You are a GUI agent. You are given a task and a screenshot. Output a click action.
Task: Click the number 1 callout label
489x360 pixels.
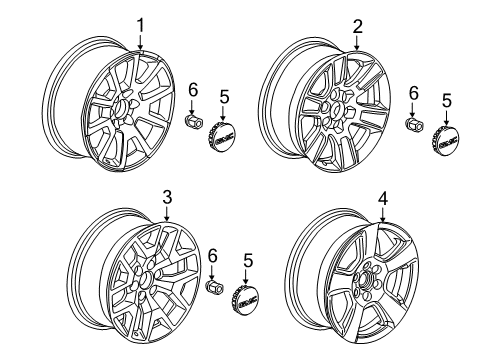(x=141, y=25)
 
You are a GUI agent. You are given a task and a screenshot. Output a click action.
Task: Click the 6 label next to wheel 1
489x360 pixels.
(x=193, y=91)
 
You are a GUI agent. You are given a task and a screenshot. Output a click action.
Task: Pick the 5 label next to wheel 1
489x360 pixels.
(x=225, y=97)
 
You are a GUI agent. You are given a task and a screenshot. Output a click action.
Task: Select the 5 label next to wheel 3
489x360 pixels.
(x=247, y=261)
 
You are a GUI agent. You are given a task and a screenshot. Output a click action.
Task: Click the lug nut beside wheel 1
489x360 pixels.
(x=193, y=121)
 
